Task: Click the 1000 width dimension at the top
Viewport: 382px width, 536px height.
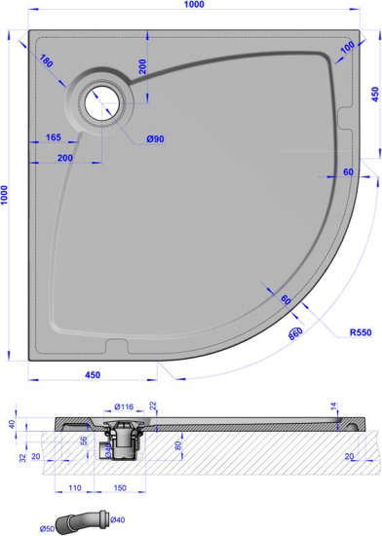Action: click(190, 8)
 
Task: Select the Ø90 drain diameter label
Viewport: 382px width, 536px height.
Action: click(155, 139)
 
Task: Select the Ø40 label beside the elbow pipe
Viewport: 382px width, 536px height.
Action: click(117, 519)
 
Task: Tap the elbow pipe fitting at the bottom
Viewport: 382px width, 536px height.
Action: click(83, 520)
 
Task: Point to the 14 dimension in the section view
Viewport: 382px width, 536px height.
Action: click(334, 405)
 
